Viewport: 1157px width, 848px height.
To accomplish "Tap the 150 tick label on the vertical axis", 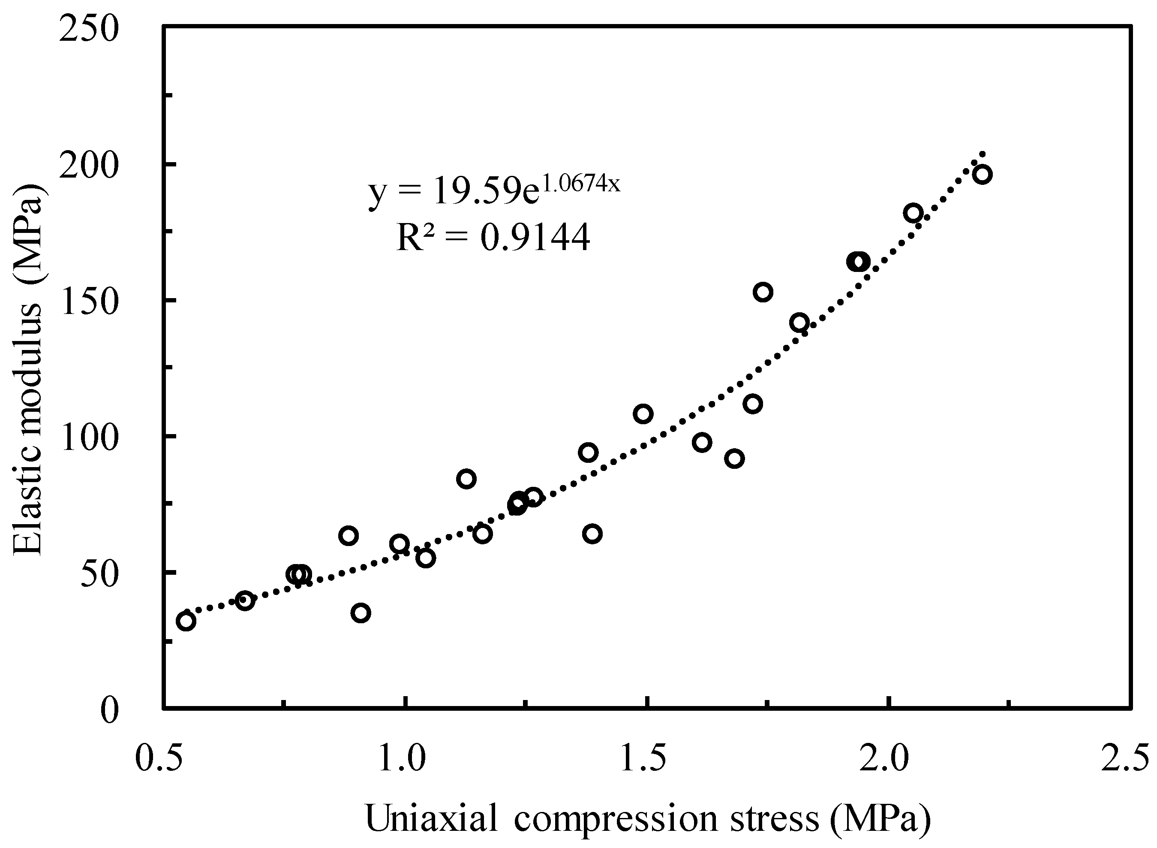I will (89, 301).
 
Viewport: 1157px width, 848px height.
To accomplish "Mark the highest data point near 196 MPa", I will (982, 175).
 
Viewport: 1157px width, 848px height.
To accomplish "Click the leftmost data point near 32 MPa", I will (186, 622).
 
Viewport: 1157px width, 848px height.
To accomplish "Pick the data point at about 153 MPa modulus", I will (763, 292).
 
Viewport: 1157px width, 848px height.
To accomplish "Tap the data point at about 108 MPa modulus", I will (643, 414).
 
